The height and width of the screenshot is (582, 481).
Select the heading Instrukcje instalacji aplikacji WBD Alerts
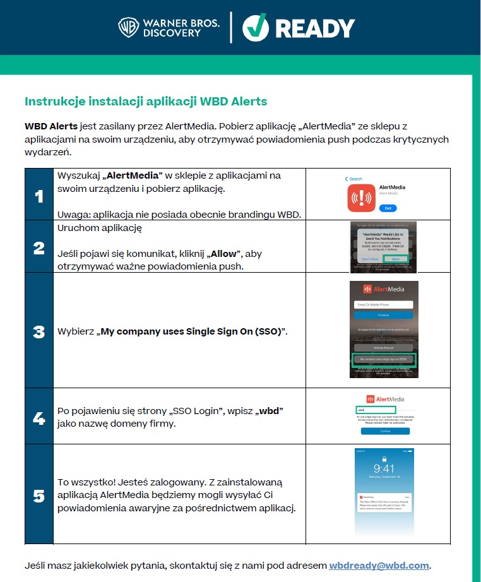point(146,101)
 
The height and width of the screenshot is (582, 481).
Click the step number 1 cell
point(39,196)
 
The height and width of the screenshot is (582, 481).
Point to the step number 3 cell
point(39,331)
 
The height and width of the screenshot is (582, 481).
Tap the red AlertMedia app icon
point(360,198)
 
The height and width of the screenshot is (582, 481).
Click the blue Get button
point(388,208)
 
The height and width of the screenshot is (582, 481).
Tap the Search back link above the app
point(354,179)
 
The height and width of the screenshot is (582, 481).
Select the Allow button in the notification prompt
point(395,258)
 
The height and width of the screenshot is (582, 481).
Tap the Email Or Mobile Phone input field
point(383,304)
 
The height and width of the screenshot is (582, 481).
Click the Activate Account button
point(383,347)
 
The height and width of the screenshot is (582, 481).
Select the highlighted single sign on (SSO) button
point(383,359)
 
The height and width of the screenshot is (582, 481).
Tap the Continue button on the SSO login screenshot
point(385,431)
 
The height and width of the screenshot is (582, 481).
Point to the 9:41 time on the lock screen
point(384,469)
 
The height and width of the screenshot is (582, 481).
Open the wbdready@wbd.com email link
point(379,566)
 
